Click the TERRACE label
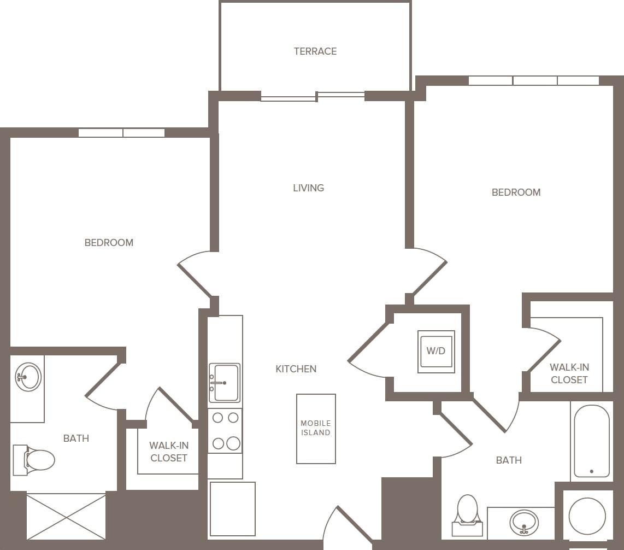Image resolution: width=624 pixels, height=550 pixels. point(315,51)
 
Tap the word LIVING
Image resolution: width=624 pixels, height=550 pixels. point(308,188)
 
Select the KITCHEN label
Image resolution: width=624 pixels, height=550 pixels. point(296,369)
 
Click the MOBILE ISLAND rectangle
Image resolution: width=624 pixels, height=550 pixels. point(316,429)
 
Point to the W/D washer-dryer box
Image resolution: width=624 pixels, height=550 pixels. point(436,352)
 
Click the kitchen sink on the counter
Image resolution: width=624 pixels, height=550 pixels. point(225,383)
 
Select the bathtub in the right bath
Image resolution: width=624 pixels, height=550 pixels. point(591,441)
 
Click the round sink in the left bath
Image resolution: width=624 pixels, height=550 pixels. point(28,377)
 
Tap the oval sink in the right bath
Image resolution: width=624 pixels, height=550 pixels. point(524,522)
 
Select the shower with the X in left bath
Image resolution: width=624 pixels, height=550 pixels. point(66,516)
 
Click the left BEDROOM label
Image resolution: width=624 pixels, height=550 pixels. point(109,243)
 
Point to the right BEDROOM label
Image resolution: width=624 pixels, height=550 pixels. point(516,192)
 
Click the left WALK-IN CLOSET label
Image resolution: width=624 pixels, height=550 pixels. point(169,452)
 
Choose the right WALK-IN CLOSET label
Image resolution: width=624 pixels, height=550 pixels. point(569,374)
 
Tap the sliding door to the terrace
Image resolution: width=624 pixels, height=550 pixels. point(313,97)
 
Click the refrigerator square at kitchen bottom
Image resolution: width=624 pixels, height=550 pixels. point(233,508)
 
